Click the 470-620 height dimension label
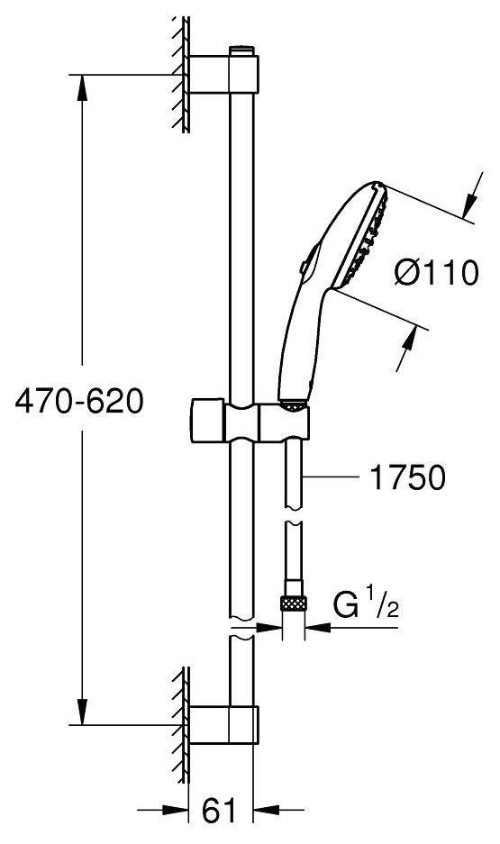(79, 402)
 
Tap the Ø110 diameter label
(436, 272)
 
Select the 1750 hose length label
(408, 476)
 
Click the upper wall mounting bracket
(224, 74)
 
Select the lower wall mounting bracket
(224, 724)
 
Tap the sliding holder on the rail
(250, 422)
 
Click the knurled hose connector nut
(294, 603)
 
